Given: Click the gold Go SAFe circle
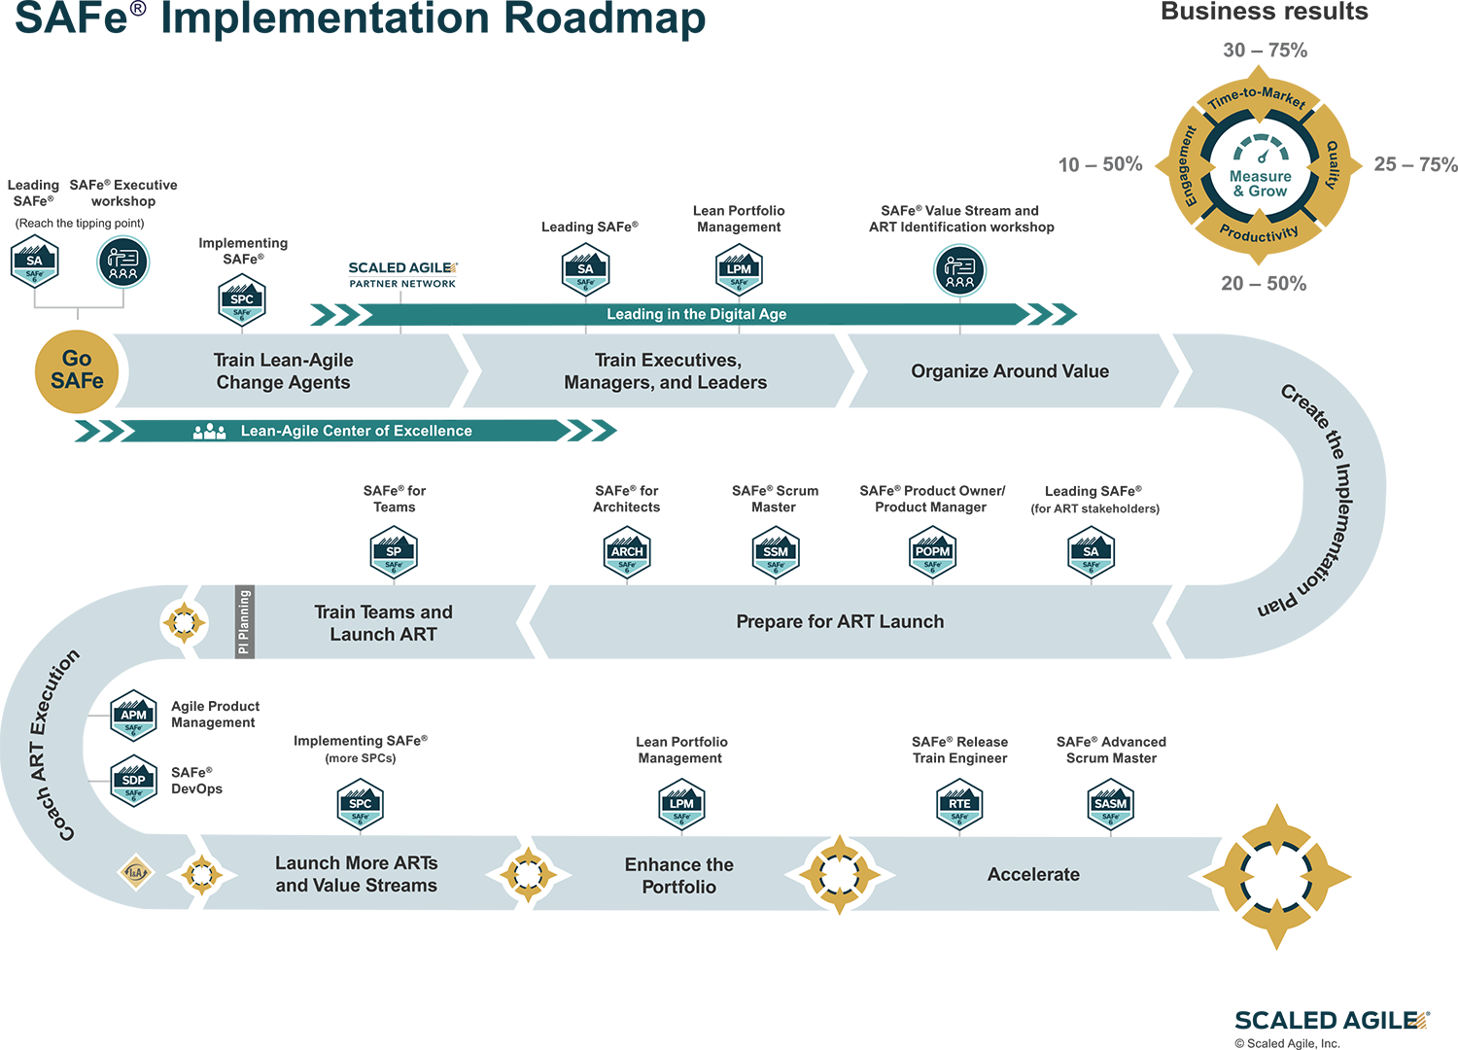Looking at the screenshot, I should click(x=77, y=371).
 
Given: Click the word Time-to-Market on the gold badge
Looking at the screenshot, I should click(x=1257, y=97).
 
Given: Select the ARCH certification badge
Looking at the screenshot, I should click(x=627, y=553).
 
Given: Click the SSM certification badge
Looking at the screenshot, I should click(x=776, y=553).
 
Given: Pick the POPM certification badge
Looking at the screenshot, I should click(x=932, y=553).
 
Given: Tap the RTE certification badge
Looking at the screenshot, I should click(x=959, y=805).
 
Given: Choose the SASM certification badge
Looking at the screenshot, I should click(x=1110, y=805).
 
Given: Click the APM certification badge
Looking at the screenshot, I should click(x=134, y=717).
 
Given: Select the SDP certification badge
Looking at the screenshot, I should click(x=134, y=782).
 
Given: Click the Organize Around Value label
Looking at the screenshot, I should click(x=1010, y=371).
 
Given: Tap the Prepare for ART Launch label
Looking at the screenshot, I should click(x=840, y=621).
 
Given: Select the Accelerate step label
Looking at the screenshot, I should click(x=1033, y=874).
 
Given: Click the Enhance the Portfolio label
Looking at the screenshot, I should click(x=679, y=875).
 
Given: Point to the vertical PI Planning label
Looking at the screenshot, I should click(x=244, y=622).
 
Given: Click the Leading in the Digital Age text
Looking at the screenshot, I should click(x=696, y=314).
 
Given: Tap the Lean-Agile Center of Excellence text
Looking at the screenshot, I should click(x=356, y=431).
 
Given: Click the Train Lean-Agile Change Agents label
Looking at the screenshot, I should click(x=283, y=371).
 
